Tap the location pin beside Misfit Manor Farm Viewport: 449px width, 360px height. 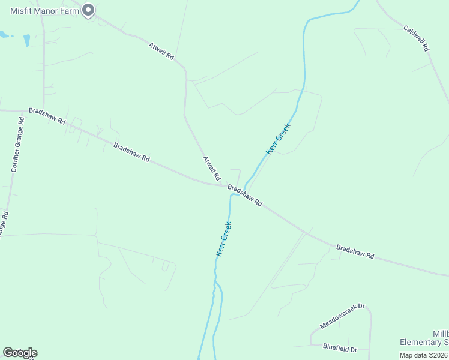coord(88,10)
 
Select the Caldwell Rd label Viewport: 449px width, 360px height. coord(416,37)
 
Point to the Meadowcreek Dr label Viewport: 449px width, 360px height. coord(342,316)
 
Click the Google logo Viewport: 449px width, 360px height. coord(20,353)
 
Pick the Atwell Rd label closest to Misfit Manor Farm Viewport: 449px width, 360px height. coord(162,50)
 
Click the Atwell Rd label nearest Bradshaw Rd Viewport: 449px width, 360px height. coord(211,169)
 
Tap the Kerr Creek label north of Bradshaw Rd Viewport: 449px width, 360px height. coord(279,139)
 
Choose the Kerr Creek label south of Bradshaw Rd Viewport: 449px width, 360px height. coord(224,239)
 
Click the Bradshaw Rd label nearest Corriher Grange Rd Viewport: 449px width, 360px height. coord(47,116)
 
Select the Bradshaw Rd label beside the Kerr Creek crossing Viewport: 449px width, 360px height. coord(245,196)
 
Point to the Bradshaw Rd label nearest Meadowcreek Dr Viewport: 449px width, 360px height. coord(355,252)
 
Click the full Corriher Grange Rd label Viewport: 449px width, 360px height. coord(17,145)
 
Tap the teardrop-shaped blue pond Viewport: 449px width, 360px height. coord(26,40)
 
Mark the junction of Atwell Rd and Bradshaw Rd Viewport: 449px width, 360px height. coord(221,185)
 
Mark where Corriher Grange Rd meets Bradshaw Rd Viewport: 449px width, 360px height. coord(23,111)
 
